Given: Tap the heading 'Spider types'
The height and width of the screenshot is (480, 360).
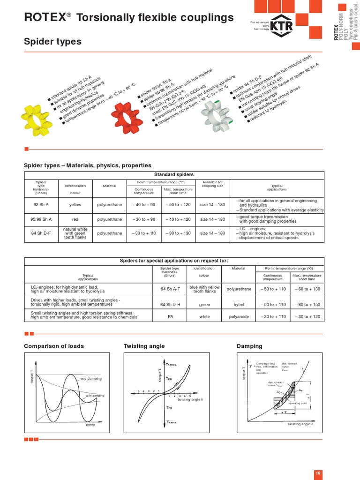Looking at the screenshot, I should click(x=52, y=42).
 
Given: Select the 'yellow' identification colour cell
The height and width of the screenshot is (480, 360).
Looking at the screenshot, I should click(x=75, y=204).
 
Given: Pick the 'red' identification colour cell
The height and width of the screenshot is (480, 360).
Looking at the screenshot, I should click(x=75, y=219).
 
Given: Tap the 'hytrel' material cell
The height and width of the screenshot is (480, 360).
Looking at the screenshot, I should click(x=239, y=304).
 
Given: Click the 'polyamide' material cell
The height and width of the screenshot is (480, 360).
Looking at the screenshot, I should click(x=239, y=317).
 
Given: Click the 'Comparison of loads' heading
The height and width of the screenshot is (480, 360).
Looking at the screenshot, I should click(x=54, y=346).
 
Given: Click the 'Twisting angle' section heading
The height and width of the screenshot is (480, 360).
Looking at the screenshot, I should click(x=144, y=346).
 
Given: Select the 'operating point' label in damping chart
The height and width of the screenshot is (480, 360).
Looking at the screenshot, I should click(x=297, y=403).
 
